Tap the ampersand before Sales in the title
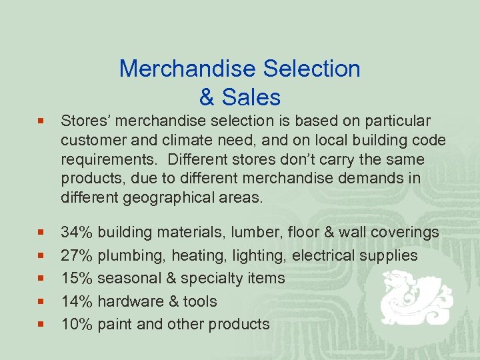coord(207,97)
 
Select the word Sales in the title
coord(249,97)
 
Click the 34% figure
coord(77,233)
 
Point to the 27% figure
coord(77,255)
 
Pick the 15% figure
coord(77,278)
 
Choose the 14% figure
coord(77,301)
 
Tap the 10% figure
coord(77,324)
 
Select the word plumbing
coord(129,256)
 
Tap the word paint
coord(115,324)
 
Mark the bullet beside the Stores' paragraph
coord(41,122)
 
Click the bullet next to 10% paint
coord(41,325)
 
